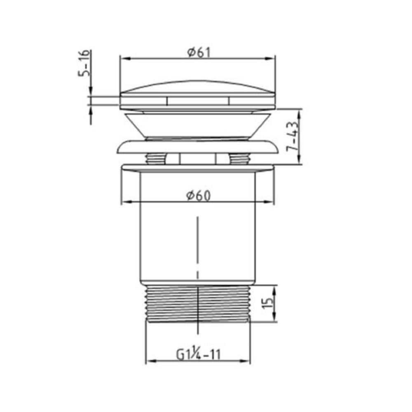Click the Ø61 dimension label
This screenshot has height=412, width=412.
point(198,52)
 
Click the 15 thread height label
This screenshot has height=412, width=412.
point(268,304)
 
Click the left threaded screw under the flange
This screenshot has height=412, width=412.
point(156,159)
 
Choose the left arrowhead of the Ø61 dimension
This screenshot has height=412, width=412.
point(123,59)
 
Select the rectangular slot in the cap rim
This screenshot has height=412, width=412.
point(198,101)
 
